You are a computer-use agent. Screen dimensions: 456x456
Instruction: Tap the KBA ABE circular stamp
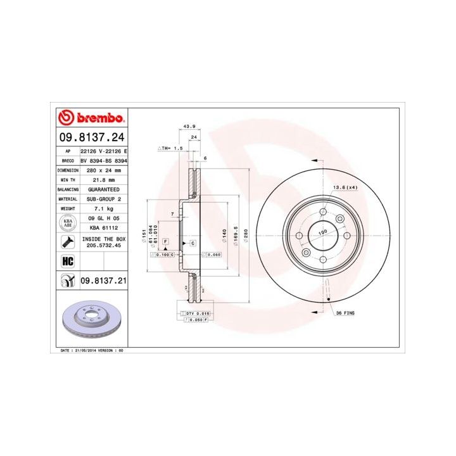click(66, 222)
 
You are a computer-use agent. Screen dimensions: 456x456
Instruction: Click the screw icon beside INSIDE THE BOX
click(66, 241)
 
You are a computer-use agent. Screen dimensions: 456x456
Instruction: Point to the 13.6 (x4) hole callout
click(345, 187)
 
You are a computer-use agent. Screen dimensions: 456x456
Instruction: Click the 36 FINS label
click(347, 312)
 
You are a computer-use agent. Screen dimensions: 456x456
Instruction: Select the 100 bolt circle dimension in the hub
click(323, 233)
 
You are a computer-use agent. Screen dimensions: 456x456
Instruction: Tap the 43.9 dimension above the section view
click(189, 127)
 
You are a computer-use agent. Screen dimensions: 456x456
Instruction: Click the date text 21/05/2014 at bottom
click(85, 350)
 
